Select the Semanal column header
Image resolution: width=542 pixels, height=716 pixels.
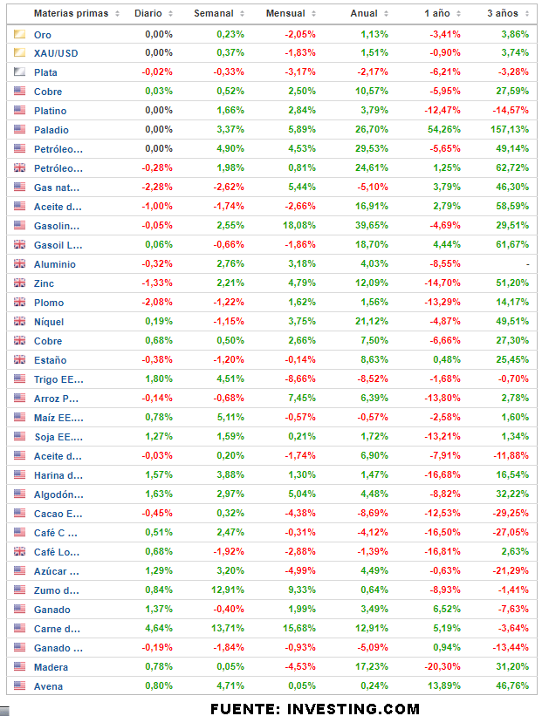[214, 14]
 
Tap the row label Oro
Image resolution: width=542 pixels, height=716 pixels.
[42, 34]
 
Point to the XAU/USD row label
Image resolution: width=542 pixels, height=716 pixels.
[56, 53]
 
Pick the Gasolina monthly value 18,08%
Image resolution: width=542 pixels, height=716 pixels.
[298, 226]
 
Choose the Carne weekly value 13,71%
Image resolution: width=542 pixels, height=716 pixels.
[226, 629]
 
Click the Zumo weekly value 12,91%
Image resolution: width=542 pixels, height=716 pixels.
[226, 590]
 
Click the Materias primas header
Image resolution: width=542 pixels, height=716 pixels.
[71, 14]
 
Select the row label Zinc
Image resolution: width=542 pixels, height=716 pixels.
[45, 283]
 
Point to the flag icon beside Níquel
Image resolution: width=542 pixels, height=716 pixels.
[19, 322]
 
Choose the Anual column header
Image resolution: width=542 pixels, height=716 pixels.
[364, 14]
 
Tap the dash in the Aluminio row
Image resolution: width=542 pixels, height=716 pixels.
[527, 264]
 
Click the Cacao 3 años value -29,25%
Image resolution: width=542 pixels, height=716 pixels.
[508, 514]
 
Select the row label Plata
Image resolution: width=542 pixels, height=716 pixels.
[45, 72]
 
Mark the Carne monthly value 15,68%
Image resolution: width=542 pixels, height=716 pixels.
[298, 629]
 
